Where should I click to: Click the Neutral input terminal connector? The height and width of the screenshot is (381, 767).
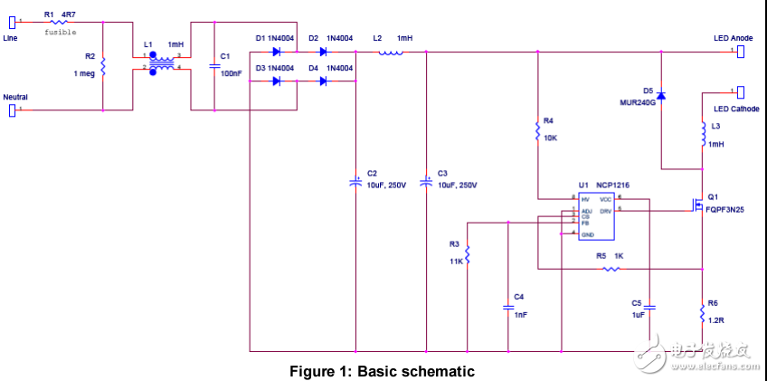click(x=13, y=110)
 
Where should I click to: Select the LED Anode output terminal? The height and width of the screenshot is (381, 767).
click(x=741, y=52)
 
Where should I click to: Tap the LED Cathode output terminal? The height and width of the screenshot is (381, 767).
click(x=741, y=91)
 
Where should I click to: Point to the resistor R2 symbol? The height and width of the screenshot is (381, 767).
click(x=103, y=67)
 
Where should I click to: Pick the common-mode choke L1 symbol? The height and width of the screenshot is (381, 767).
click(x=164, y=62)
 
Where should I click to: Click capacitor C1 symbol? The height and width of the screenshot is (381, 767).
click(x=213, y=66)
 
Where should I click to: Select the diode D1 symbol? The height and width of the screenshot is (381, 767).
click(x=277, y=52)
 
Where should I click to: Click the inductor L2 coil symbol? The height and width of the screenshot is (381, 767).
click(x=390, y=52)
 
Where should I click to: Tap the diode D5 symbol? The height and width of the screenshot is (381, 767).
click(x=661, y=95)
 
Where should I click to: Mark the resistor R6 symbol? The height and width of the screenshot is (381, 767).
click(x=703, y=312)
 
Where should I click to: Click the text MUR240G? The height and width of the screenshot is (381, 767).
click(x=637, y=103)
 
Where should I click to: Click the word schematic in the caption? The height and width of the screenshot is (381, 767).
click(x=443, y=371)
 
